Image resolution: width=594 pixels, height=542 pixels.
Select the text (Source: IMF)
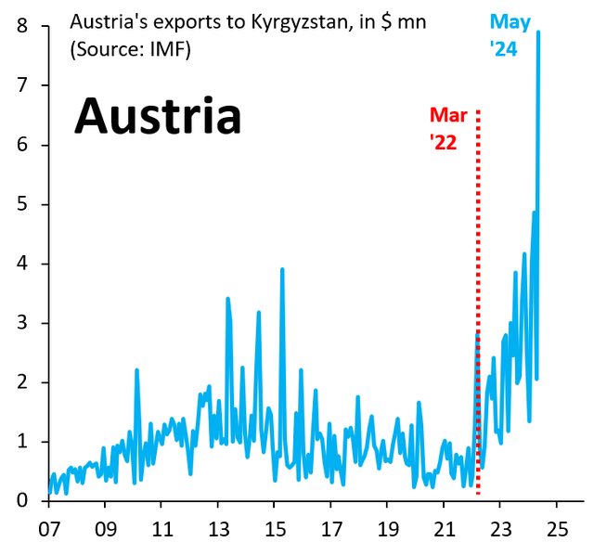coord(130,50)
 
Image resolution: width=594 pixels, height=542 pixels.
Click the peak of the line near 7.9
coord(538,32)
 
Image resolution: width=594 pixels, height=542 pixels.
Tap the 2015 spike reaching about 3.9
coord(282,270)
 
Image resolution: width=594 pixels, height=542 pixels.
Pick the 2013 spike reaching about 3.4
coord(227,299)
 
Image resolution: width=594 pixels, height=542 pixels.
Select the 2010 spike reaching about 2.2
coord(136,370)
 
